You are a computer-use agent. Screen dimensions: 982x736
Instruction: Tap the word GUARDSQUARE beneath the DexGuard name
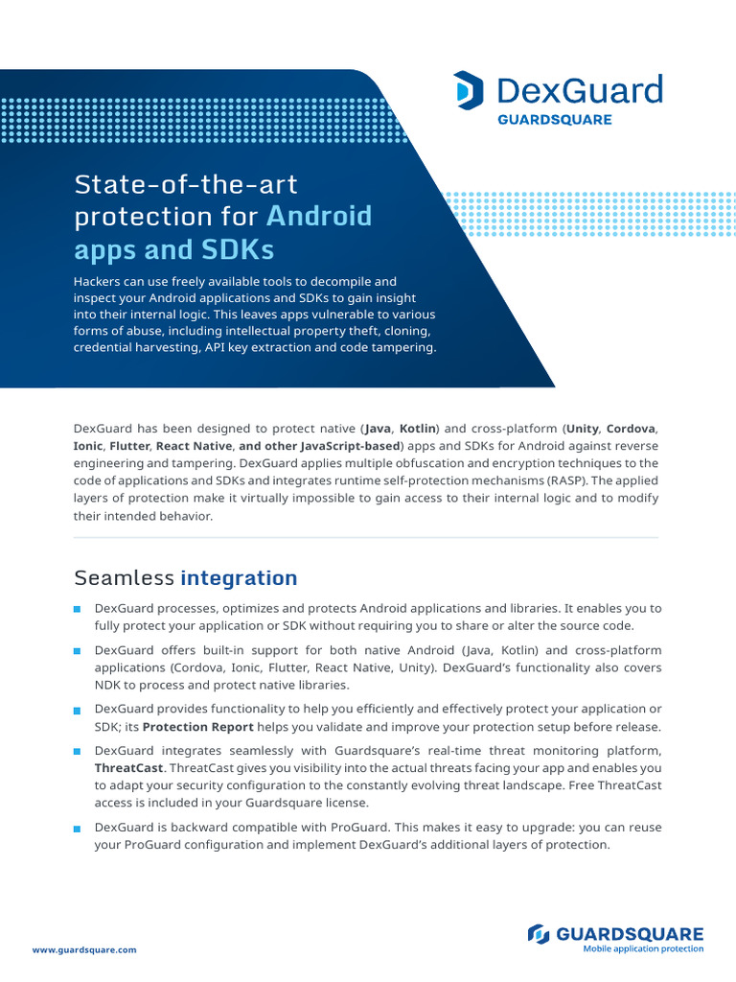coord(554,120)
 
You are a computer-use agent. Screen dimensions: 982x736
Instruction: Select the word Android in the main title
coord(319,215)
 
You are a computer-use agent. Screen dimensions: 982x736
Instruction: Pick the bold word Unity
coord(582,429)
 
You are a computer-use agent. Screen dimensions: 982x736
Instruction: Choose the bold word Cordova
coord(632,429)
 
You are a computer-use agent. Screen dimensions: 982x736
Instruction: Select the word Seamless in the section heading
coord(124,578)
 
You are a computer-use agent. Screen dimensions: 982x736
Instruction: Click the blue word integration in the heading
coord(239,578)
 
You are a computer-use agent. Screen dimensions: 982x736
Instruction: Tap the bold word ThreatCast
coord(129,768)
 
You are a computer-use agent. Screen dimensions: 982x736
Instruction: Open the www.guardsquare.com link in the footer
coord(84,949)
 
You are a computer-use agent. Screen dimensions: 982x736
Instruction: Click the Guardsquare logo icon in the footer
coord(540,933)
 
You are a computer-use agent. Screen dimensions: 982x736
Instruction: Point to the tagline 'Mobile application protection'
coord(643,949)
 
